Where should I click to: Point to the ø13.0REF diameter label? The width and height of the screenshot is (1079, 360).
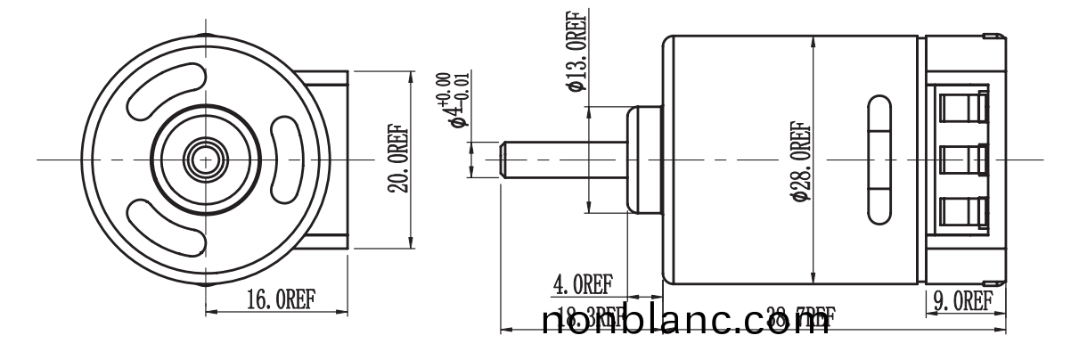pos(576,53)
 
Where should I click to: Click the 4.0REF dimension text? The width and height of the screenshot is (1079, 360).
pos(584,284)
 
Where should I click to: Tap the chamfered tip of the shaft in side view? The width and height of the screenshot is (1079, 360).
pos(504,160)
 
